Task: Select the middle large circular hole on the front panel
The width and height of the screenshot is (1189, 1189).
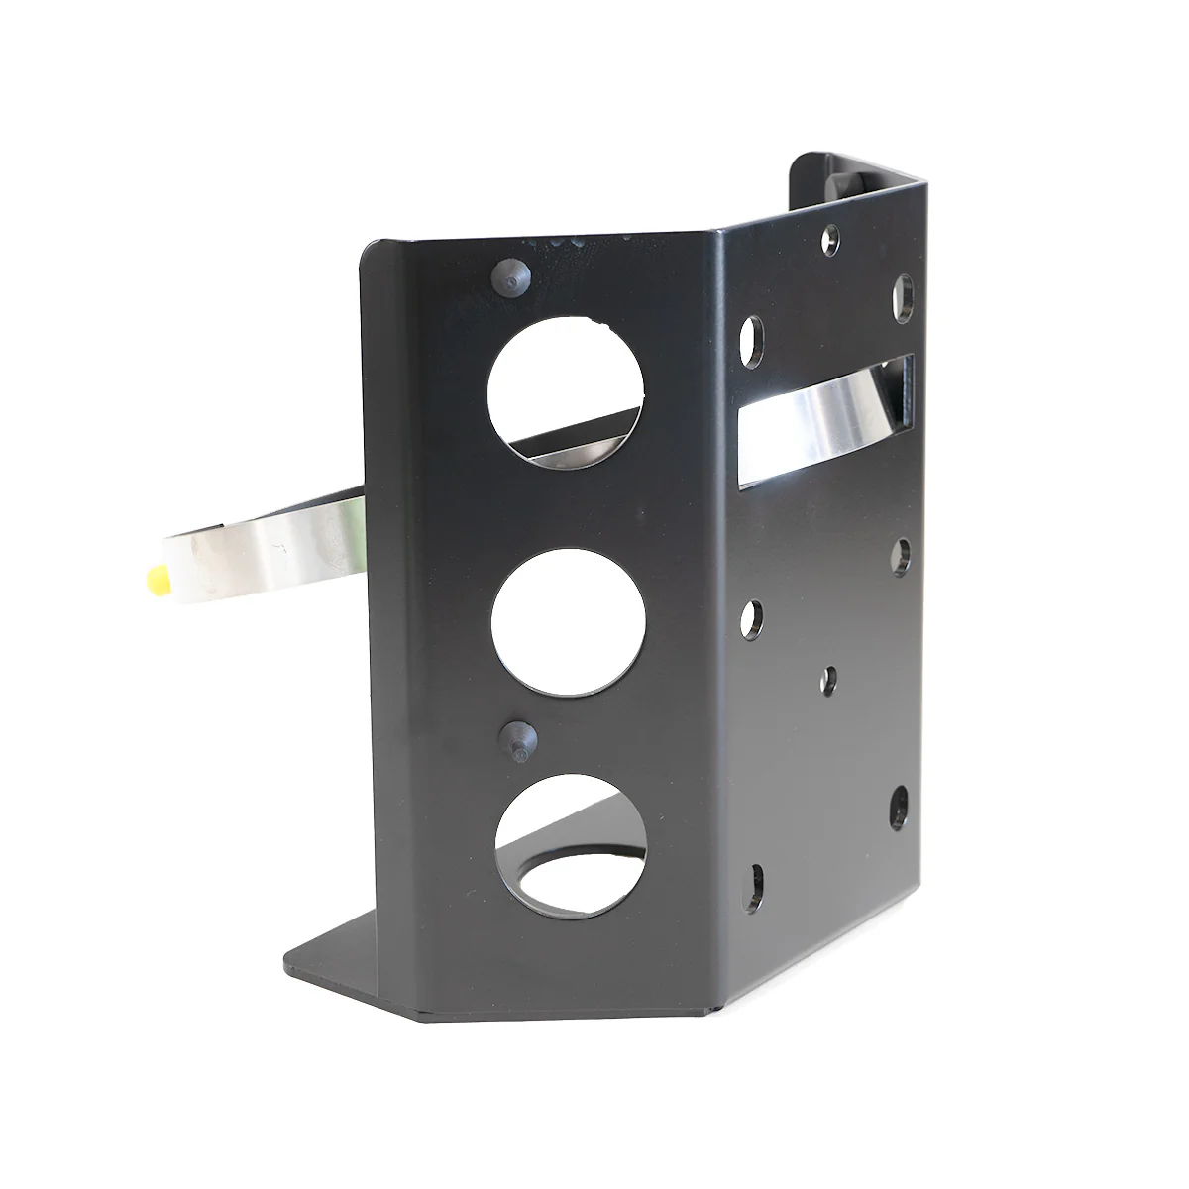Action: click(568, 621)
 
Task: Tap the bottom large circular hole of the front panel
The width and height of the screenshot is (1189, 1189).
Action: click(572, 842)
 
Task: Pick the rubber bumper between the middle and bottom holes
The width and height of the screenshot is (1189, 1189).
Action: click(516, 738)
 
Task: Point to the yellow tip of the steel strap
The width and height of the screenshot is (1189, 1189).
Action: click(158, 580)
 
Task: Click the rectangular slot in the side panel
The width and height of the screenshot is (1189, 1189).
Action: click(824, 421)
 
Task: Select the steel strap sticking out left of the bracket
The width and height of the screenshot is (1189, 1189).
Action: click(268, 540)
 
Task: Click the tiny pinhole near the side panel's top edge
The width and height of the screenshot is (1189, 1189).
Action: click(830, 239)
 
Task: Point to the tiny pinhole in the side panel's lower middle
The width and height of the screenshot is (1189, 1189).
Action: click(829, 680)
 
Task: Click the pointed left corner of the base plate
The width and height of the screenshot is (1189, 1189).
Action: click(289, 959)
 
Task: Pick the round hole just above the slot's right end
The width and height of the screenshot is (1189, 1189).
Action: click(904, 298)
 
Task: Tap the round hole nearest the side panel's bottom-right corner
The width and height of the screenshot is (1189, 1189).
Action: click(898, 809)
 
